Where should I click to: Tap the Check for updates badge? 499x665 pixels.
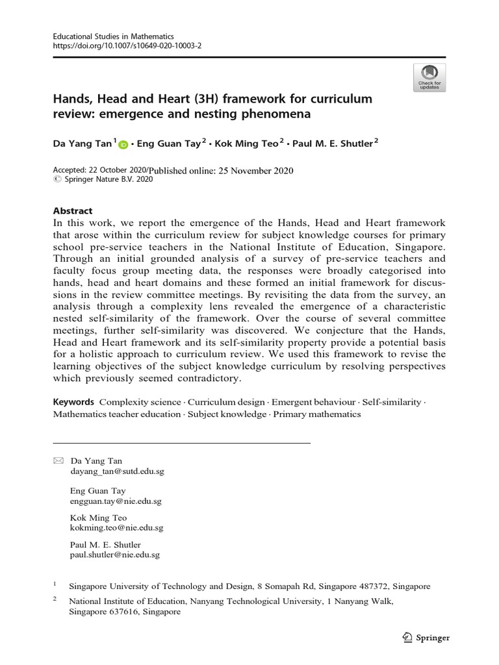(x=429, y=77)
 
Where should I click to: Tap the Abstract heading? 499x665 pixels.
(x=73, y=211)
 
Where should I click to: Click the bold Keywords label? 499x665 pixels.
(x=73, y=402)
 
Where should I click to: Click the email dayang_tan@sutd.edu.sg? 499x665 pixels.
(x=117, y=471)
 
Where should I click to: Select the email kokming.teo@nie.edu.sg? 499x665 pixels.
(x=116, y=528)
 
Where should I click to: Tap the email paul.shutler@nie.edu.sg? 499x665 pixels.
(x=114, y=555)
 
